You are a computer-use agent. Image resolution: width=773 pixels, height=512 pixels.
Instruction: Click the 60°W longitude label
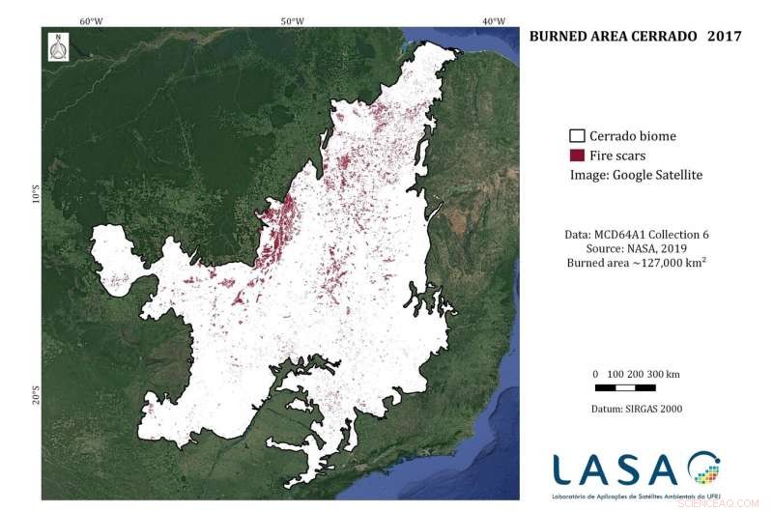pyautogui.click(x=92, y=21)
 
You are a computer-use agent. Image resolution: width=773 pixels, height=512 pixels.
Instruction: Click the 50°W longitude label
pyautogui.click(x=292, y=21)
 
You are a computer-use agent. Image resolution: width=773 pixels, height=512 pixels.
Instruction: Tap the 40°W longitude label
pyautogui.click(x=493, y=21)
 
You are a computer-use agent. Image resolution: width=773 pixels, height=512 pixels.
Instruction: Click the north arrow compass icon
pyautogui.click(x=60, y=47)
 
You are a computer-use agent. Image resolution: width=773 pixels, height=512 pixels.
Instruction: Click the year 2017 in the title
pyautogui.click(x=724, y=37)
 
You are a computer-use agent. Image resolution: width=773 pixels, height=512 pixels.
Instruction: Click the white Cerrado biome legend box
pyautogui.click(x=577, y=136)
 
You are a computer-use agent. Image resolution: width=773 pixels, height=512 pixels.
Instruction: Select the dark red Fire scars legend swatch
pyautogui.click(x=577, y=156)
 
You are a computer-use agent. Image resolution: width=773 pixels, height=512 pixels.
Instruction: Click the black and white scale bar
pyautogui.click(x=637, y=387)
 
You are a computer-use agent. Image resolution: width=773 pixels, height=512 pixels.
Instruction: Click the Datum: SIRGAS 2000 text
pyautogui.click(x=636, y=409)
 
